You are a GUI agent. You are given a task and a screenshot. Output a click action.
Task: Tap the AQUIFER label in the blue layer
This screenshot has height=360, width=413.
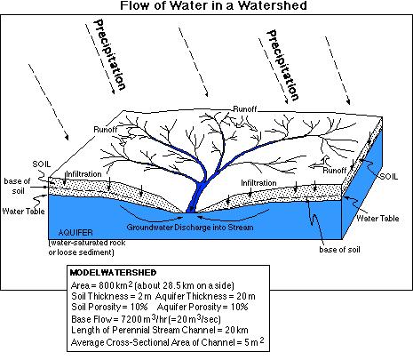click(75, 233)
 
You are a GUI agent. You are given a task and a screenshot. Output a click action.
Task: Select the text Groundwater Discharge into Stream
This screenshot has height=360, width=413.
click(190, 228)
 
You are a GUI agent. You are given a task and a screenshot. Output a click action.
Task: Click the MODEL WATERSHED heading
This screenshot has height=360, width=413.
click(113, 272)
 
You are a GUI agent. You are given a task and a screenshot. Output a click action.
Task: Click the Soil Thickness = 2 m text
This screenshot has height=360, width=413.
click(112, 296)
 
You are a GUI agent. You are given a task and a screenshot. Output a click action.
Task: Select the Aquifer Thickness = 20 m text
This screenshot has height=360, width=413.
click(205, 296)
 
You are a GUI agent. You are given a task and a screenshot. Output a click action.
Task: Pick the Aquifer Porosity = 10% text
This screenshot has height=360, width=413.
click(203, 307)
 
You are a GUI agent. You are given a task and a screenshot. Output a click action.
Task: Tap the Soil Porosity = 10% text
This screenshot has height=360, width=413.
click(109, 307)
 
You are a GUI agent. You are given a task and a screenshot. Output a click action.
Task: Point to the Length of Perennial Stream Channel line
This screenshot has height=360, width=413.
click(160, 330)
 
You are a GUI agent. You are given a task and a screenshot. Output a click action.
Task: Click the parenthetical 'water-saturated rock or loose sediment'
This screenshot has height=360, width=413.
click(87, 247)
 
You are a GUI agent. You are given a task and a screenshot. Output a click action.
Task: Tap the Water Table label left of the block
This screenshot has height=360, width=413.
click(23, 212)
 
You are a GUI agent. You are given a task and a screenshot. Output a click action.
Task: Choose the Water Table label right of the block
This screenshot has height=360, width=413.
click(377, 219)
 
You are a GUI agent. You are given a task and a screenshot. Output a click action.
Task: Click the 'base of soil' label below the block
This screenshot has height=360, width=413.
click(339, 250)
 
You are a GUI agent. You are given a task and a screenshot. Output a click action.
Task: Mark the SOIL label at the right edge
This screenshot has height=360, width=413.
click(389, 177)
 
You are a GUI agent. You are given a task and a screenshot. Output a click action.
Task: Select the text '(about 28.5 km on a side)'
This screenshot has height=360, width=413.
click(184, 285)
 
